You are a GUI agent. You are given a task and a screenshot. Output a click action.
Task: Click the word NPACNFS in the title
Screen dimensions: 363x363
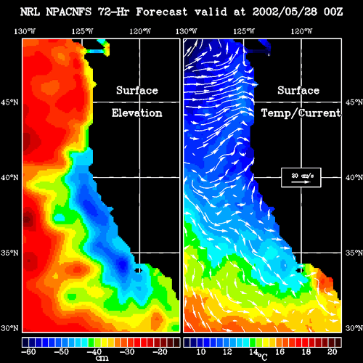(x=69, y=12)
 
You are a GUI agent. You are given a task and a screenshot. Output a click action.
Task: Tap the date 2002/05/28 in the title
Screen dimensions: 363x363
(x=285, y=12)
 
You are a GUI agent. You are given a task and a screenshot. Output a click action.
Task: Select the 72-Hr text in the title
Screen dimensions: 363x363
(x=113, y=12)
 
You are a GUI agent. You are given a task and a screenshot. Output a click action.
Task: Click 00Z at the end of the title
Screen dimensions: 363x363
(x=333, y=12)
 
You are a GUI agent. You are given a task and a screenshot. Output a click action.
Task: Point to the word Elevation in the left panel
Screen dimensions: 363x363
(x=136, y=113)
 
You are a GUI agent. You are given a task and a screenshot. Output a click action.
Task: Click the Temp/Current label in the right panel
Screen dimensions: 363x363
(x=301, y=113)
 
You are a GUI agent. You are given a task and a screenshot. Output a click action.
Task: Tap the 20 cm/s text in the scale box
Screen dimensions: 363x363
(x=303, y=176)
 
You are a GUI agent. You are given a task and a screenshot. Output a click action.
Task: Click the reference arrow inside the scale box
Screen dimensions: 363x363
(x=301, y=181)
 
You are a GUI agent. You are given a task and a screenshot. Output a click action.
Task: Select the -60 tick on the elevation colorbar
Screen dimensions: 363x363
(x=28, y=351)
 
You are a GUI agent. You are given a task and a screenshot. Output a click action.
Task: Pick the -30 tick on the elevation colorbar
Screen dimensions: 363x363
(x=127, y=351)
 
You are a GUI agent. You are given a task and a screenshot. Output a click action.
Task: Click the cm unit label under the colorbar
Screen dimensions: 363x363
(x=102, y=358)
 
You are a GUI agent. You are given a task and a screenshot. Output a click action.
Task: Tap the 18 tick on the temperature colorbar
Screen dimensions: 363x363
(x=306, y=351)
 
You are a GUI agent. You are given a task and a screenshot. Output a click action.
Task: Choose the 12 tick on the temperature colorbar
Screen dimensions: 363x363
(x=227, y=351)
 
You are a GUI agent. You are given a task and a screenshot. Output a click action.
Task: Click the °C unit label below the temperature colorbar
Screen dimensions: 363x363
(x=263, y=356)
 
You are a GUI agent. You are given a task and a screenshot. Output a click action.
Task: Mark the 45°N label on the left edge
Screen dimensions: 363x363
(x=9, y=102)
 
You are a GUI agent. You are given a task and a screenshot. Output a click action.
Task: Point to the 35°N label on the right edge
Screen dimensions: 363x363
(x=354, y=253)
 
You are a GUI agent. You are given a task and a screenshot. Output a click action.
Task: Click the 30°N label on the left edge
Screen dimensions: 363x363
(x=9, y=328)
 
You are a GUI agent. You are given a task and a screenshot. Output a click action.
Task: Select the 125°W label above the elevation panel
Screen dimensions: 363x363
(x=82, y=31)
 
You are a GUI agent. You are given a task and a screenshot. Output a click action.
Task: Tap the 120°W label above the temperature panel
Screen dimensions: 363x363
(x=301, y=31)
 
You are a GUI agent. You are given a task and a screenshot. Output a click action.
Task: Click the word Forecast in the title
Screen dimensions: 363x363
(x=162, y=12)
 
